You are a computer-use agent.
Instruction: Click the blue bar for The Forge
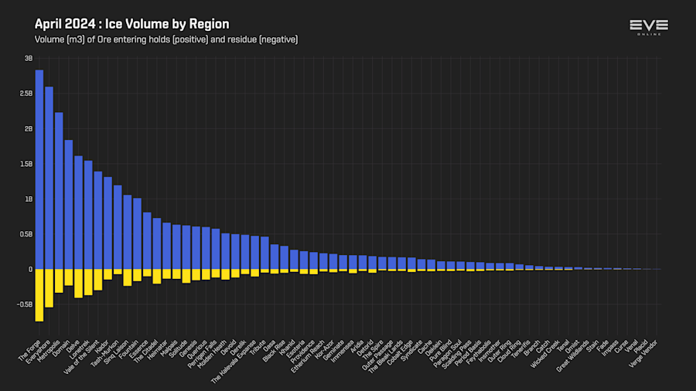click(x=39, y=170)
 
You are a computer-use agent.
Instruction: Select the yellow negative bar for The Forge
click(x=39, y=294)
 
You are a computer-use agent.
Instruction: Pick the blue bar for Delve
click(x=78, y=212)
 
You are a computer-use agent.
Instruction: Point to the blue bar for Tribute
click(x=264, y=253)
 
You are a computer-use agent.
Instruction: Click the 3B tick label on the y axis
click(x=28, y=58)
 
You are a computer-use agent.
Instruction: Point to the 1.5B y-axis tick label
click(x=26, y=164)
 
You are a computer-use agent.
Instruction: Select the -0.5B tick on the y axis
click(x=25, y=304)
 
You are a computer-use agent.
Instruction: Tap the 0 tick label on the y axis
click(x=30, y=270)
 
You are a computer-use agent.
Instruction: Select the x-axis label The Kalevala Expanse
click(x=234, y=359)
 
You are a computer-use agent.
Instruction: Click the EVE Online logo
click(x=648, y=27)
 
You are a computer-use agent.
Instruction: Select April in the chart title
click(x=48, y=24)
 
